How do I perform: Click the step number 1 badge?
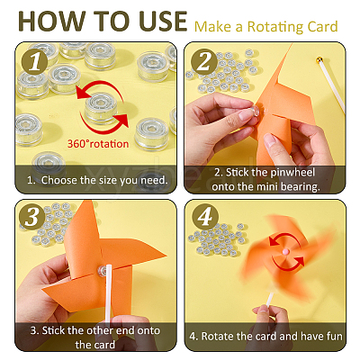(35, 62)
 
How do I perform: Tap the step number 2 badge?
(204, 62)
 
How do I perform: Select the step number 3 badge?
(32, 217)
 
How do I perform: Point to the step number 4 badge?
(205, 217)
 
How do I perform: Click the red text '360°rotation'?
(98, 144)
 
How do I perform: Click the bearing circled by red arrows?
(101, 108)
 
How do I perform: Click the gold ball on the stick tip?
(319, 60)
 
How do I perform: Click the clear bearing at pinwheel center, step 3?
(103, 271)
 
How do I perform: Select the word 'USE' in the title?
(162, 22)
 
